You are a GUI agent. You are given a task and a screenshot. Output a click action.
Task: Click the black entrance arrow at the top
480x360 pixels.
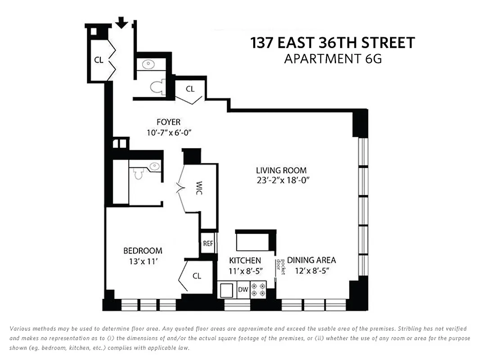point(121,22)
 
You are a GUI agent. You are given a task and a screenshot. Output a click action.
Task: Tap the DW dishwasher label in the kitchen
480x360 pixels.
point(243,290)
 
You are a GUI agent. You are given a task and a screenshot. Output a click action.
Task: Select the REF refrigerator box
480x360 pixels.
point(208,243)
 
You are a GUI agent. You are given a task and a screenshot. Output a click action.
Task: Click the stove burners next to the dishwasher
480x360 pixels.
point(259,289)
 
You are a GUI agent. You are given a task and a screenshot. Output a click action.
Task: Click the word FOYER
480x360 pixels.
point(168,122)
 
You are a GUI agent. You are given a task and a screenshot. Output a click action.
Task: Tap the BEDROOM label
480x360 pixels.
point(143,251)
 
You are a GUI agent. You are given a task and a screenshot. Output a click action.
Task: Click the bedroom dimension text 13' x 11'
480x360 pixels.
point(143,261)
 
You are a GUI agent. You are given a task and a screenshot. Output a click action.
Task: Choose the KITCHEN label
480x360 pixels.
point(245,260)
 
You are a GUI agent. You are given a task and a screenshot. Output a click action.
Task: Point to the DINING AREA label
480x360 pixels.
point(311,260)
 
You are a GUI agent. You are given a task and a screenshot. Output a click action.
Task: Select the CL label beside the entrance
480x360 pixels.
point(99,59)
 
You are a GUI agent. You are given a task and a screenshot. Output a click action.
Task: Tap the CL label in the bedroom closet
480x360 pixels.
point(197,276)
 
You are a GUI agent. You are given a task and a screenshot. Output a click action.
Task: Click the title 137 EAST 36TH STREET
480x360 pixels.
point(332,43)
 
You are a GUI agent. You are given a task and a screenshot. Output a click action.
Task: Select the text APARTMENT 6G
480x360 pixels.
point(332,59)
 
